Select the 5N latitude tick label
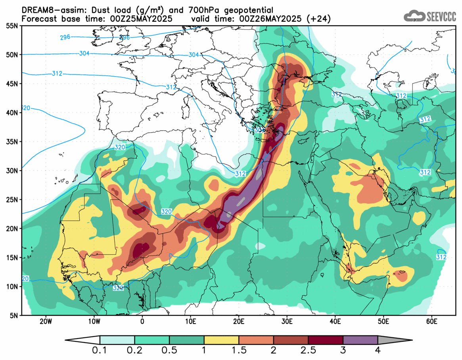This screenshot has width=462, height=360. [13, 316]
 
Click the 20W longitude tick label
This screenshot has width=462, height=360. [46, 321]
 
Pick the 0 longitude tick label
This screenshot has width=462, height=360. [142, 321]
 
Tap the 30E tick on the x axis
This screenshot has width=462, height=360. [287, 321]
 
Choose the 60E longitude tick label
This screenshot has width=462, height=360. [431, 321]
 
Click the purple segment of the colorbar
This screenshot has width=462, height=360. [360, 340]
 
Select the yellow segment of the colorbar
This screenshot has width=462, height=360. [221, 340]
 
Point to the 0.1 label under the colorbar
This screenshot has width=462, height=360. [100, 350]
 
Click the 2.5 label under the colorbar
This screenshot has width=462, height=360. [308, 350]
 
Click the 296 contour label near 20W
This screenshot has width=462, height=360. [65, 37]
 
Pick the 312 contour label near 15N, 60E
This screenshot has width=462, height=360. [441, 257]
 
